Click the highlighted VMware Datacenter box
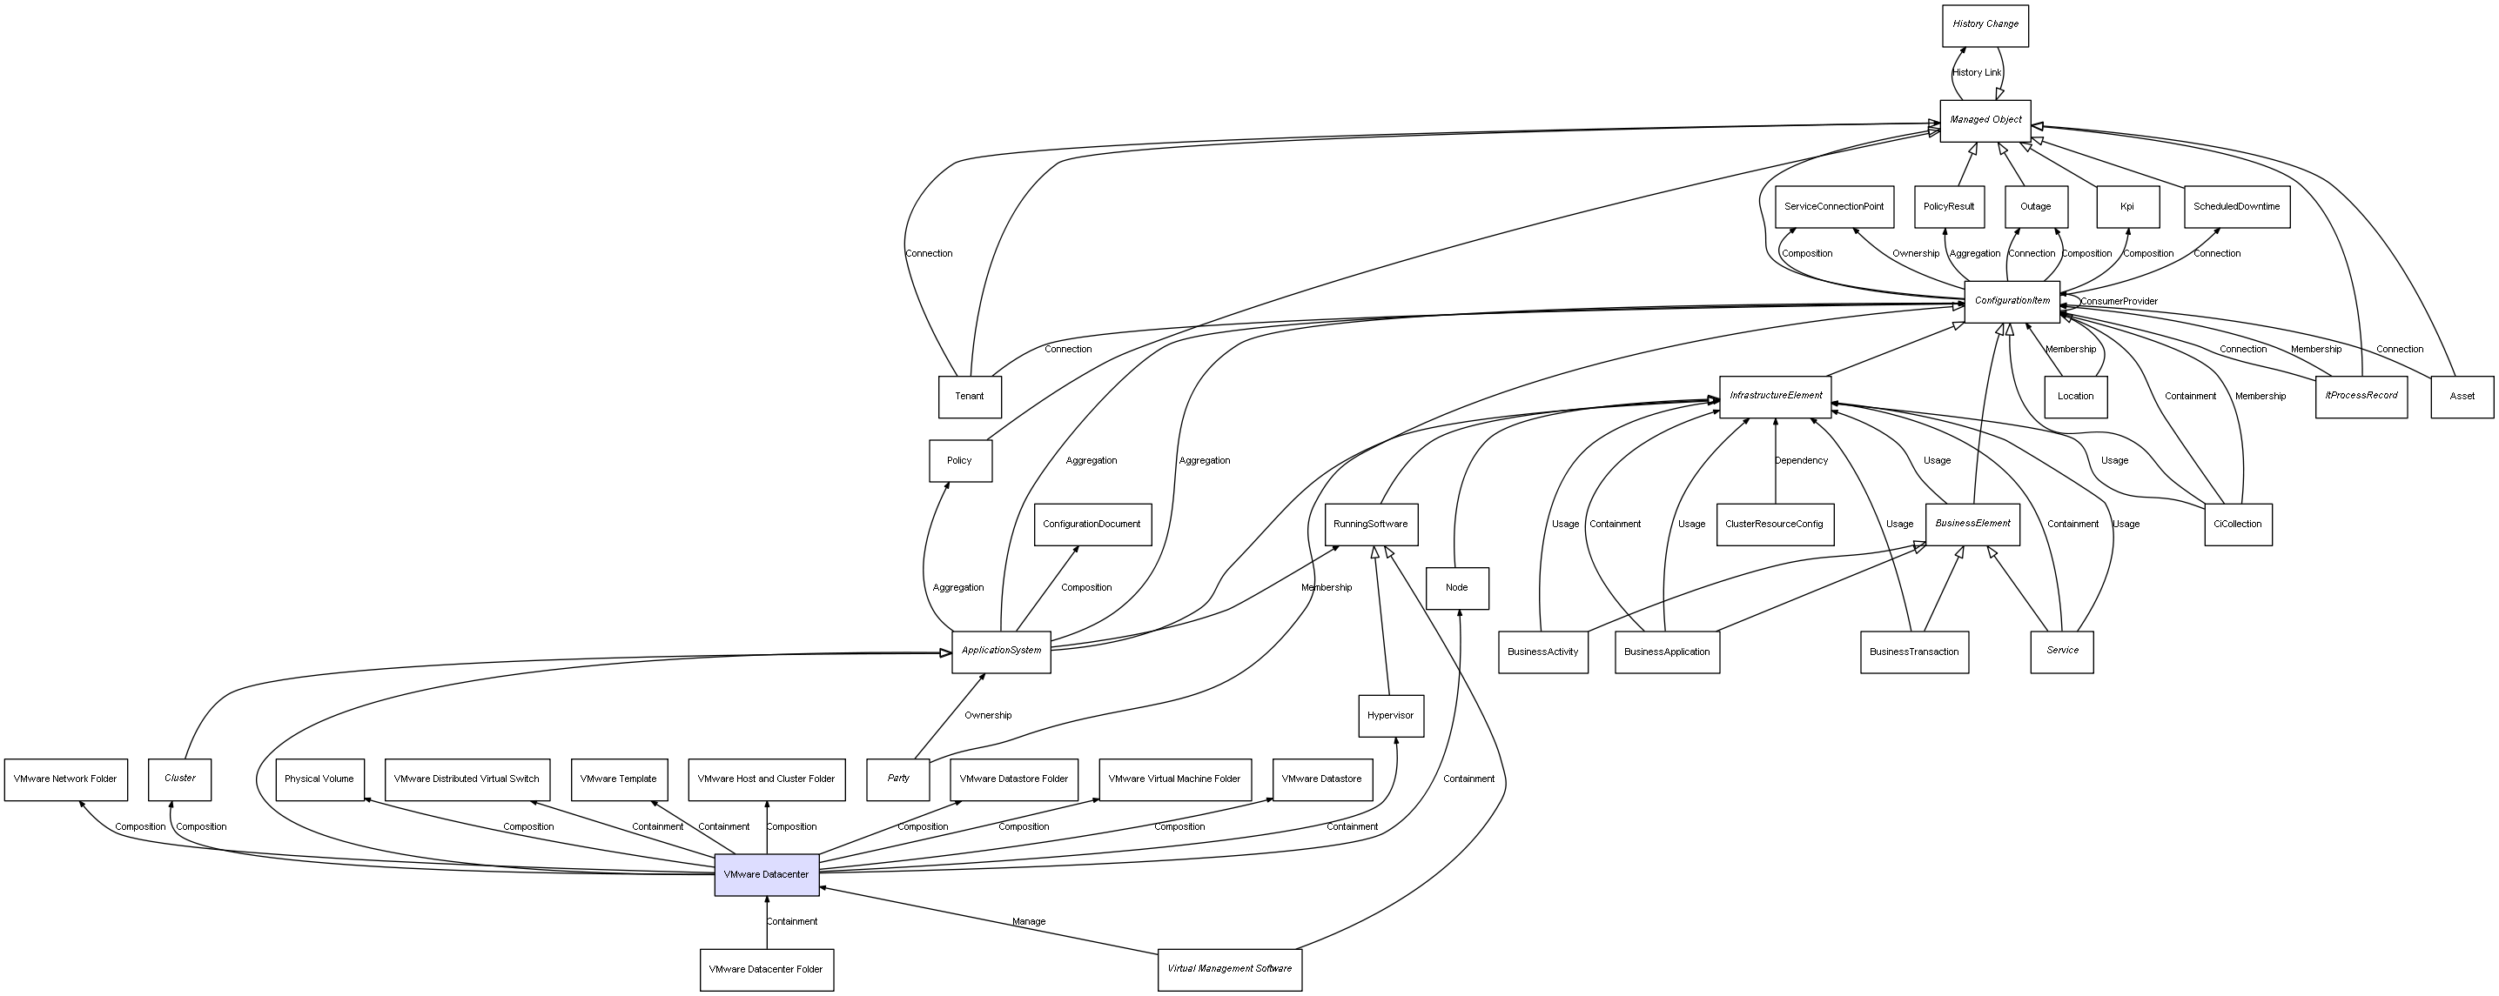(x=766, y=875)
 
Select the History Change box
(x=1985, y=25)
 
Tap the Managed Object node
(x=1985, y=120)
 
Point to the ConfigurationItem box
(x=2012, y=302)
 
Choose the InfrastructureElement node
(x=1776, y=397)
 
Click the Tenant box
(x=969, y=397)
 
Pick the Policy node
(x=959, y=461)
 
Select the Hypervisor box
(x=1390, y=716)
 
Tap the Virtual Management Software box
(x=1229, y=969)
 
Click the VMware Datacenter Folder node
(x=766, y=970)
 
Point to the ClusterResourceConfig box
(x=1774, y=525)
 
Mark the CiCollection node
(x=2237, y=525)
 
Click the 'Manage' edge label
(x=1028, y=921)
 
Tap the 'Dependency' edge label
(x=1802, y=461)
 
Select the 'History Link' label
(x=1976, y=73)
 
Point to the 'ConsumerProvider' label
(x=2119, y=302)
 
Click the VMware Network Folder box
(x=65, y=779)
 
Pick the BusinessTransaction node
(x=1913, y=652)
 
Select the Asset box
(x=2462, y=397)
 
